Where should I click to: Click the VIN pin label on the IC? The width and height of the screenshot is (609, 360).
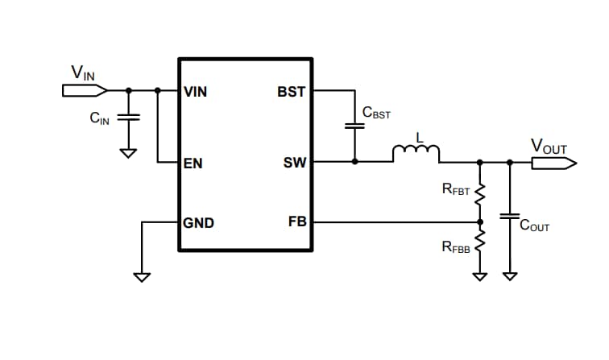coord(196,92)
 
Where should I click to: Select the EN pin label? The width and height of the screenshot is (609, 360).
coord(193,163)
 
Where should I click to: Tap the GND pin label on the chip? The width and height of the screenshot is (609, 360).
coord(199,222)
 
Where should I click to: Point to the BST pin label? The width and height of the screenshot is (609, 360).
coord(291,92)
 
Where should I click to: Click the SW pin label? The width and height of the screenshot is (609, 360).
coord(294,163)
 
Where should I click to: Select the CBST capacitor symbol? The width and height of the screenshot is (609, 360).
coord(354,126)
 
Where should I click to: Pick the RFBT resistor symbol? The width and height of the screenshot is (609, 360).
coord(480,193)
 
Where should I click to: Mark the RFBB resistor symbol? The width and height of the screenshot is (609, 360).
coord(480,239)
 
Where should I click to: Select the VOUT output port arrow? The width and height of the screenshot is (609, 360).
coord(553,163)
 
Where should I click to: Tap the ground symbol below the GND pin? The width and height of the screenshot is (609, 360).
coord(142,277)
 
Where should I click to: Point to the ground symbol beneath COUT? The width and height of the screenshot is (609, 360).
coord(509,276)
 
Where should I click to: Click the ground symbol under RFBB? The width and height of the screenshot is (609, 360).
coord(480,276)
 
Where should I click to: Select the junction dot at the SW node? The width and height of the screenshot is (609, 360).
coord(354,162)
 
